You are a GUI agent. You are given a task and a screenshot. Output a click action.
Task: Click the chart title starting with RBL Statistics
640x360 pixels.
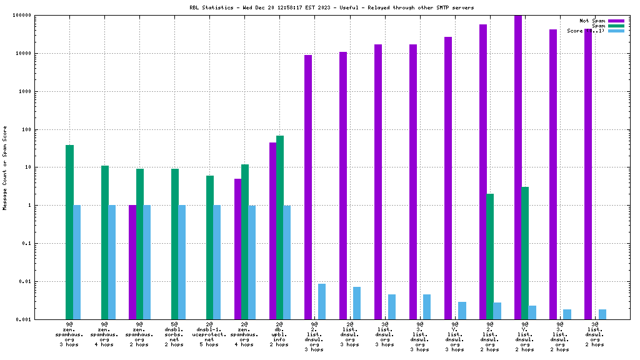tap(331, 7)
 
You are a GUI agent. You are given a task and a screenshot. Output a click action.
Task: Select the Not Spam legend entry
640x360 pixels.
tap(592, 21)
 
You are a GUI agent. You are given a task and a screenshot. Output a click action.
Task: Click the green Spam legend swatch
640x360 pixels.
tap(616, 26)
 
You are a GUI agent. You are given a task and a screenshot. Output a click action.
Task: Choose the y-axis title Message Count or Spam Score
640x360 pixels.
tap(5, 167)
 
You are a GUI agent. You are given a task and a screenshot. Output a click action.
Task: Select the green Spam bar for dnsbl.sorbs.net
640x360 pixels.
tap(175, 244)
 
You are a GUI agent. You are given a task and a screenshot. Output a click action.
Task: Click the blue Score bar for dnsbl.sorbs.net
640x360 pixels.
tap(182, 262)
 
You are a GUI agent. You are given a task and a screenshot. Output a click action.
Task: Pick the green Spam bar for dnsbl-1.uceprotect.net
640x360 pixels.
tap(210, 247)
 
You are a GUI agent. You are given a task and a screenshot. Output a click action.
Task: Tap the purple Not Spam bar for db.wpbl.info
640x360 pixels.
tap(273, 231)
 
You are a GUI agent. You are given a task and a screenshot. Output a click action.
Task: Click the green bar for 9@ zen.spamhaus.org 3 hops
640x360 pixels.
tap(70, 232)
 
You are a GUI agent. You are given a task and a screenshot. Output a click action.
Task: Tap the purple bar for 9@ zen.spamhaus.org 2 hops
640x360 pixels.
tap(132, 262)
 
